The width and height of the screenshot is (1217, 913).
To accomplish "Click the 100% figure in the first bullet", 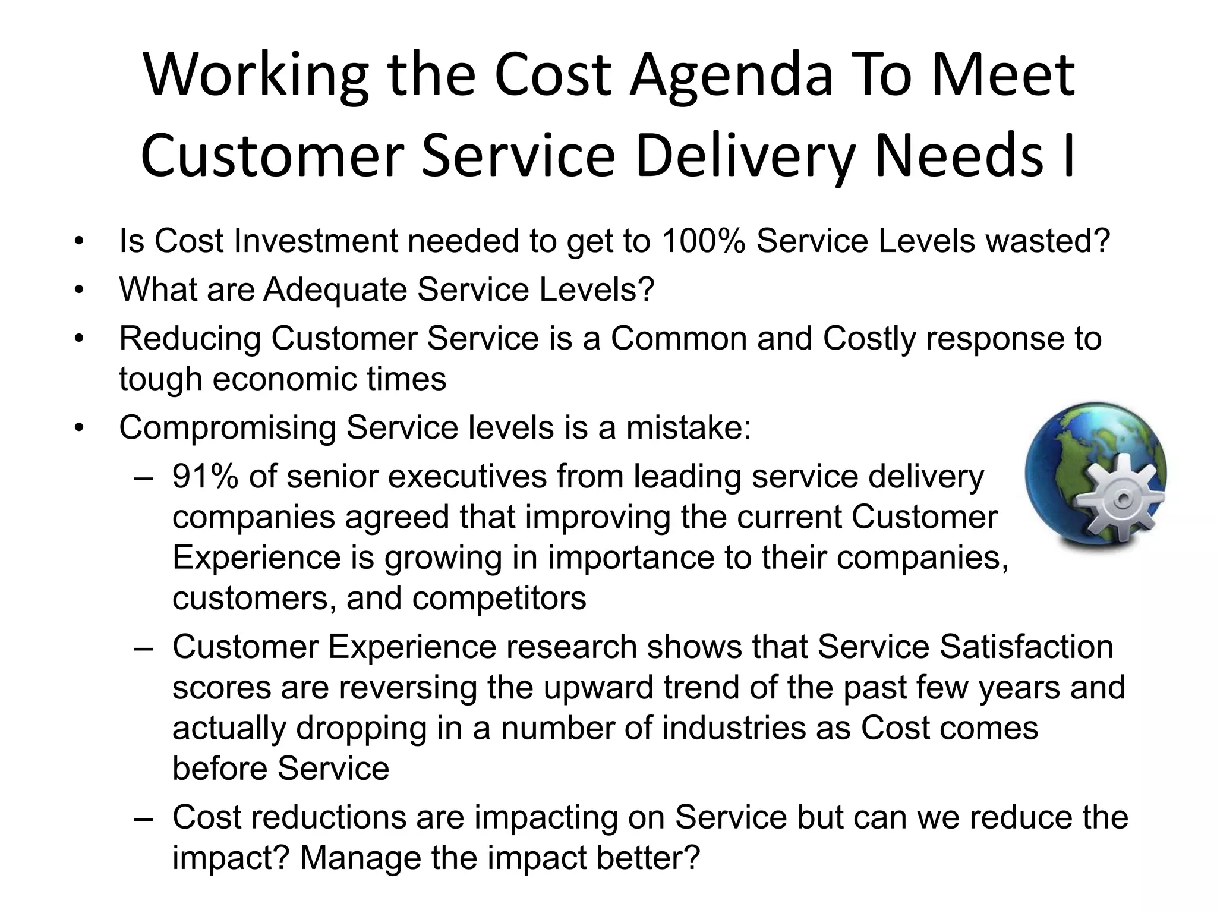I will point(703,241).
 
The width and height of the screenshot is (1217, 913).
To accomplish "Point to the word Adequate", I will point(335,290).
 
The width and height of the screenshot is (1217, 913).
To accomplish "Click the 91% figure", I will point(206,477).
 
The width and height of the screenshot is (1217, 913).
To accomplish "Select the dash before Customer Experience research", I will point(144,648).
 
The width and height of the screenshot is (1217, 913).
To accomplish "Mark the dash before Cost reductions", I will point(144,818).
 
